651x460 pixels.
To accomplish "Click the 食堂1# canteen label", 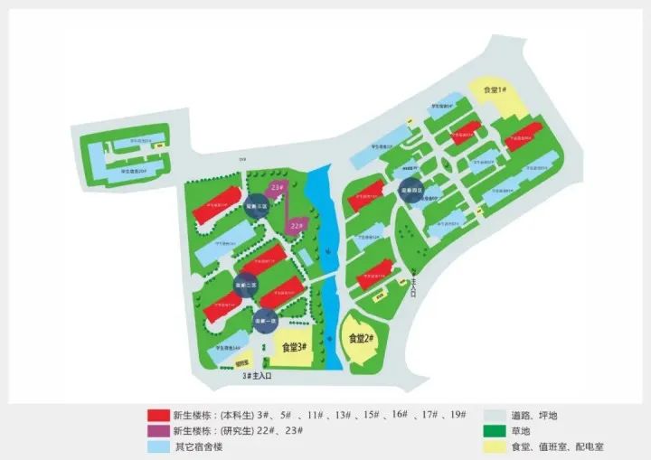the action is (495, 90).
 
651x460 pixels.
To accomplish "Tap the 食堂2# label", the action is (363, 339).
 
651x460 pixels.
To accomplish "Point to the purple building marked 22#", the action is (296, 224).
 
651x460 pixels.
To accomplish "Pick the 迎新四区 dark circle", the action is (411, 191).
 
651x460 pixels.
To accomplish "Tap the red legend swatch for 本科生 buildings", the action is (158, 415).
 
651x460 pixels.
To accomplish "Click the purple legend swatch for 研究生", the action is (158, 431).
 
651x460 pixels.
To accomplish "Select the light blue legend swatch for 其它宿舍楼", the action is (158, 447).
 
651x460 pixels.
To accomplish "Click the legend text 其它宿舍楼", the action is (200, 447).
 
